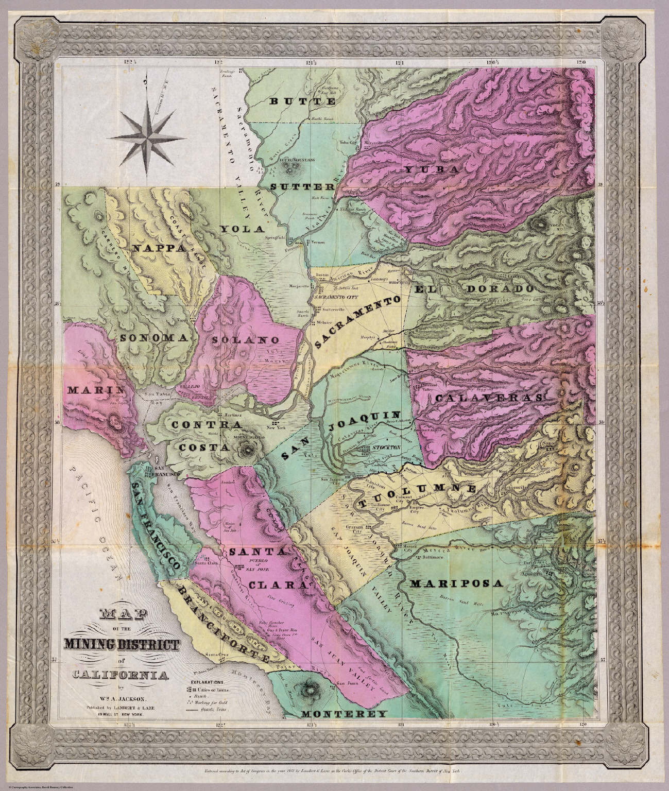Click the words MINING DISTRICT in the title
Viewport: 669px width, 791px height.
[122, 645]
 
